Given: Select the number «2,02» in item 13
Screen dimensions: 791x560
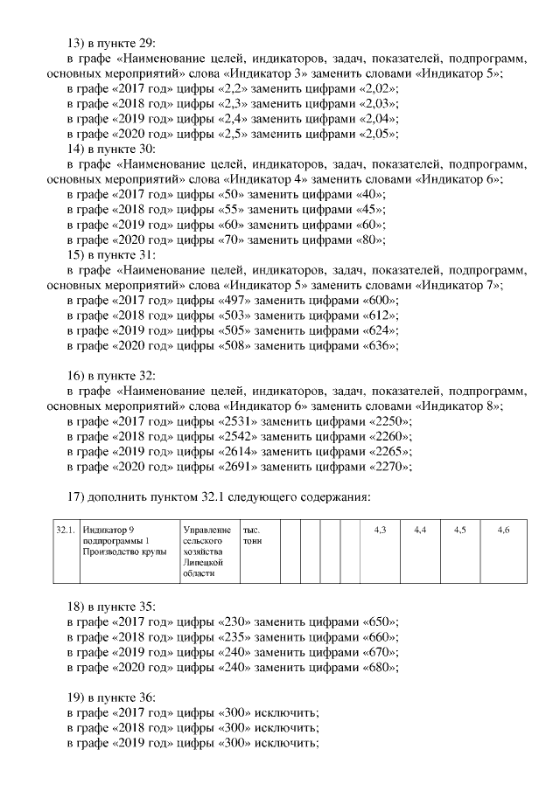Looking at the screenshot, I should point(378,89).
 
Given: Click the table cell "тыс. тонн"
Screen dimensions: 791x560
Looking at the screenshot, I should point(258,552).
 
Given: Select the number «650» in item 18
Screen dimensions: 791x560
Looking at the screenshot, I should point(378,621).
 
